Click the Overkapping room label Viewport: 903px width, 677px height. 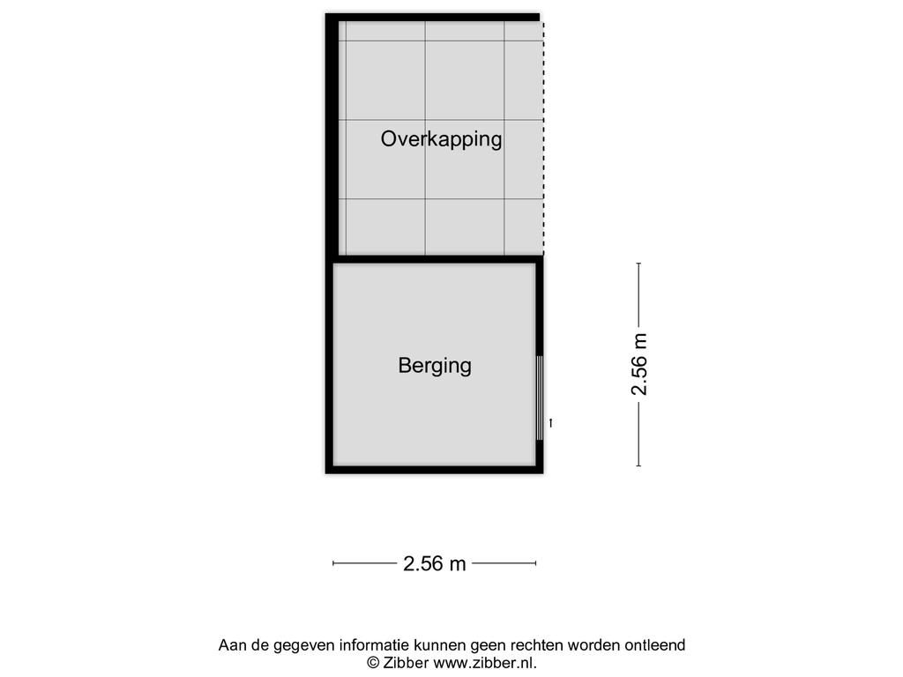[441, 139]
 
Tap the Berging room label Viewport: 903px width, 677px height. [435, 366]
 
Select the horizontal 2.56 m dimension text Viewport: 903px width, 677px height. [434, 563]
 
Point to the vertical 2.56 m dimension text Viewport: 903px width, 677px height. [639, 364]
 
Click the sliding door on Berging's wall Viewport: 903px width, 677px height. [540, 398]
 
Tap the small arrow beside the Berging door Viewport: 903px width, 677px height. [551, 423]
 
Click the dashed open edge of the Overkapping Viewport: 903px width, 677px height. [543, 138]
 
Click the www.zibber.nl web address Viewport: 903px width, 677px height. [485, 663]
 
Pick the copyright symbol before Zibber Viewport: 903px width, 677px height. [373, 663]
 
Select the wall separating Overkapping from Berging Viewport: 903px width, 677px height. [437, 260]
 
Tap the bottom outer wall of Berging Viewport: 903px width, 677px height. [434, 470]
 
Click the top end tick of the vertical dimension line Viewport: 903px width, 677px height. [638, 264]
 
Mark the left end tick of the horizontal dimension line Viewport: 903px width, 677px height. [332, 563]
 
